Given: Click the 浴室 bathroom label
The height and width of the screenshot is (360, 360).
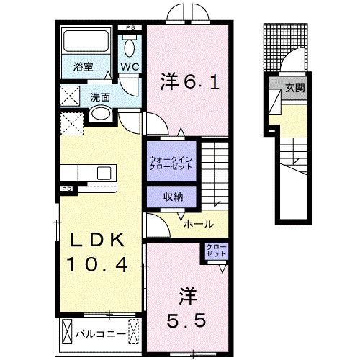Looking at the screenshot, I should (83, 67).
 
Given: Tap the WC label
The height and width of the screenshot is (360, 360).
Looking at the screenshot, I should (130, 67).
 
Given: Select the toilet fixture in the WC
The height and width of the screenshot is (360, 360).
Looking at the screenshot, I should (130, 48).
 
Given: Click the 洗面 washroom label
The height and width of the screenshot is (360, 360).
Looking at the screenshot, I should (99, 96).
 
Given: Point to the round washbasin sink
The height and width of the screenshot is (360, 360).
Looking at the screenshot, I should (101, 113).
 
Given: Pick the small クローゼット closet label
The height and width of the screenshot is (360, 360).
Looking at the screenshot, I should (216, 252).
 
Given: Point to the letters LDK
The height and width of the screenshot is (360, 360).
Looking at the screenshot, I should (98, 240).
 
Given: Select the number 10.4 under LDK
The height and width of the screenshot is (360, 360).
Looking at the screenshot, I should (98, 266).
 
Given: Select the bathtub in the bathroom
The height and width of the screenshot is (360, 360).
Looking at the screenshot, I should (83, 44).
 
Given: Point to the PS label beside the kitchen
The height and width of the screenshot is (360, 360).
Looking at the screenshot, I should (66, 189).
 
